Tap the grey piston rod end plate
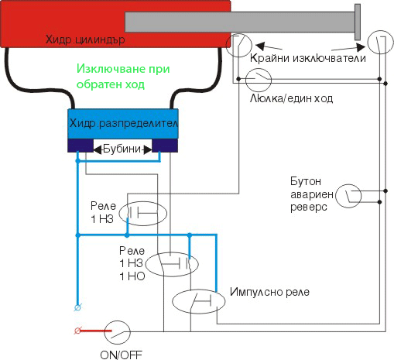[358, 22]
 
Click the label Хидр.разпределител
[124, 123]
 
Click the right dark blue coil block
[166, 146]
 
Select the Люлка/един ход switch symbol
[259, 77]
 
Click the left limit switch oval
[241, 46]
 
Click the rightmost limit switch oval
[379, 42]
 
